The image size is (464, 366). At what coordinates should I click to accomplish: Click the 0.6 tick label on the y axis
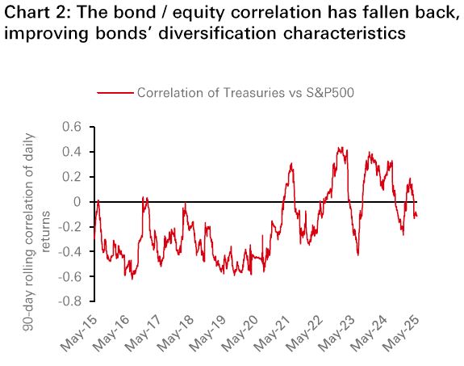(x=72, y=127)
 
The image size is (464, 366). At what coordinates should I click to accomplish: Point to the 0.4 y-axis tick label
(x=72, y=152)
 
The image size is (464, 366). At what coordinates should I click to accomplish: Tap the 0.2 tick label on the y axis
(x=72, y=177)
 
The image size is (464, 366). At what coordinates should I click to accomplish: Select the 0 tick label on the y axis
(x=77, y=202)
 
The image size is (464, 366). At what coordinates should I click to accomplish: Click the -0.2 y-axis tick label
(x=69, y=227)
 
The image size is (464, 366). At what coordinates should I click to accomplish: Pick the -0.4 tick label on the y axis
(x=69, y=252)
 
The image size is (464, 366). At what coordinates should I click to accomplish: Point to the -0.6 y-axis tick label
(x=69, y=277)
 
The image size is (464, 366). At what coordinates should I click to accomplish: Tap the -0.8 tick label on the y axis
(x=69, y=301)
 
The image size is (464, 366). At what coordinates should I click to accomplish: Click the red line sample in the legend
(x=115, y=93)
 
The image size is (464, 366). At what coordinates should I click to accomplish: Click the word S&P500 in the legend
(x=330, y=93)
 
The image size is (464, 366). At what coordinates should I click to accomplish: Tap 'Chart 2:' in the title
(x=37, y=12)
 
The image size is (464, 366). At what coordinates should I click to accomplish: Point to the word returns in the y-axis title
(x=46, y=232)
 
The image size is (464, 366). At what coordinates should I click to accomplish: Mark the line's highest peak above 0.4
(x=341, y=148)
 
